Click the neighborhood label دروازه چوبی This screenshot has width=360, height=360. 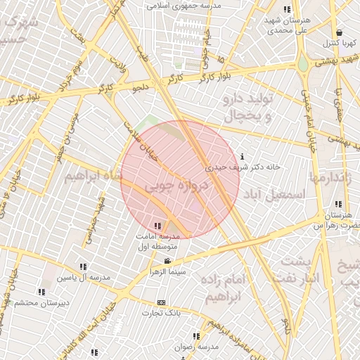click(177, 184)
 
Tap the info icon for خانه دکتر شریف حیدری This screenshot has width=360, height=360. click(243, 156)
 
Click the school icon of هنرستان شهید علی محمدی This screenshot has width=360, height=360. click(286, 9)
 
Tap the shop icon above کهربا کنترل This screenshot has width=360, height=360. click(340, 32)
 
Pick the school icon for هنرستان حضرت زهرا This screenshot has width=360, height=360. click(339, 204)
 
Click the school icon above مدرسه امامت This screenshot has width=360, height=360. click(157, 226)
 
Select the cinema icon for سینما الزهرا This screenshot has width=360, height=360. click(167, 261)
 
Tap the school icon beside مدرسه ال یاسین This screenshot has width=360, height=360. click(84, 266)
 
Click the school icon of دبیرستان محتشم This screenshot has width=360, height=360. click(41, 291)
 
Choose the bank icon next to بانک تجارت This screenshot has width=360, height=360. click(161, 302)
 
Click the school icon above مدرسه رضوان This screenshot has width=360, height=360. click(195, 337)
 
